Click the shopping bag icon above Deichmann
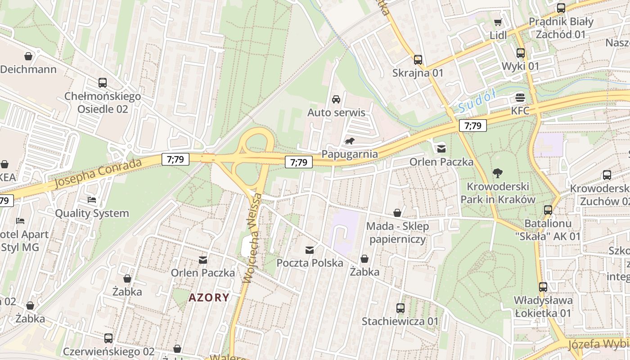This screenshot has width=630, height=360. [x=28, y=56]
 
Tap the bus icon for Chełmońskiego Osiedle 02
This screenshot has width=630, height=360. [x=103, y=83]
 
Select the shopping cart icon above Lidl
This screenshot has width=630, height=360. [x=498, y=22]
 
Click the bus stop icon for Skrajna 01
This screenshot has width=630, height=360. [x=418, y=59]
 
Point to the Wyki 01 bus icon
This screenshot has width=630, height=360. [x=521, y=53]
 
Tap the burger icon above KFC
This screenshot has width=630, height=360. [x=521, y=98]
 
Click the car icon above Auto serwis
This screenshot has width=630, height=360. [x=336, y=99]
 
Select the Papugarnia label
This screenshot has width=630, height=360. [x=350, y=154]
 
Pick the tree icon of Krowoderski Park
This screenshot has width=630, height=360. [x=498, y=173]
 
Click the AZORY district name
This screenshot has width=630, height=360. [x=209, y=297]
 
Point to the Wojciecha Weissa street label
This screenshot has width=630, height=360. [x=252, y=238]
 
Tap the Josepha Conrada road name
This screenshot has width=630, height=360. [x=98, y=173]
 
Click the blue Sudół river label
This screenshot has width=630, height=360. [x=477, y=101]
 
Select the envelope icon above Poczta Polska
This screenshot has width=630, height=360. [x=310, y=250]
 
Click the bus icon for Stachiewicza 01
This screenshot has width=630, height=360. [x=400, y=308]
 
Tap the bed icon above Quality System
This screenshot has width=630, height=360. [x=92, y=200]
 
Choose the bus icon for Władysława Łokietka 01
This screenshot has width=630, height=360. [x=543, y=287]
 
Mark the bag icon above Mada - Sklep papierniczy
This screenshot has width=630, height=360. [x=397, y=213]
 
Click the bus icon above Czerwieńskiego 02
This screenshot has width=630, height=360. [x=108, y=338]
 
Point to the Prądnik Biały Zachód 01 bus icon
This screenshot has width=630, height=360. [x=561, y=8]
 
